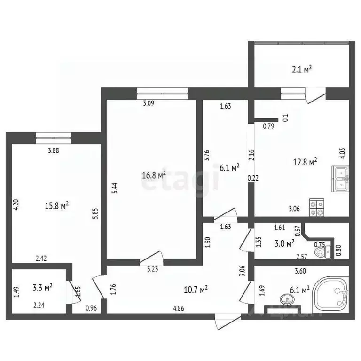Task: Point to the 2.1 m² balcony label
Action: point(301,69)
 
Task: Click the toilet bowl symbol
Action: point(321,252)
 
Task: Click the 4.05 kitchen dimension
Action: point(343,154)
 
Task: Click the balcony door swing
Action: point(314,97)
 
